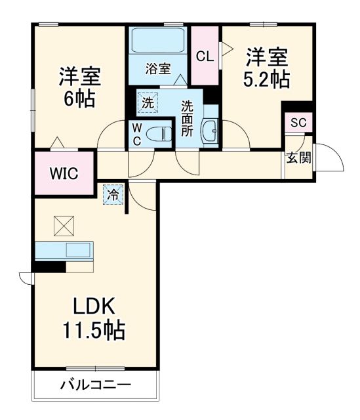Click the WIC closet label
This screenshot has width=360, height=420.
point(64,174)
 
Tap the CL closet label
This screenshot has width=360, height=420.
point(205,56)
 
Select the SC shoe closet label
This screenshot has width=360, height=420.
point(298,123)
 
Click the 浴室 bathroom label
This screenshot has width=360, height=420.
point(158,68)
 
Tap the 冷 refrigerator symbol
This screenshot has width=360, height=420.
point(113,194)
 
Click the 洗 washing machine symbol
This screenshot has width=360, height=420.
point(148,102)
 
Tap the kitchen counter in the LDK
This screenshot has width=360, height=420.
point(64,251)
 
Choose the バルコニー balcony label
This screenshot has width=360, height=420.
point(97,385)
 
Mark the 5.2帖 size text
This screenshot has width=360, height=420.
point(266,80)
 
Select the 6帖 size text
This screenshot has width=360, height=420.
point(79,99)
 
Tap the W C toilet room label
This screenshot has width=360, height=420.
point(137,133)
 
